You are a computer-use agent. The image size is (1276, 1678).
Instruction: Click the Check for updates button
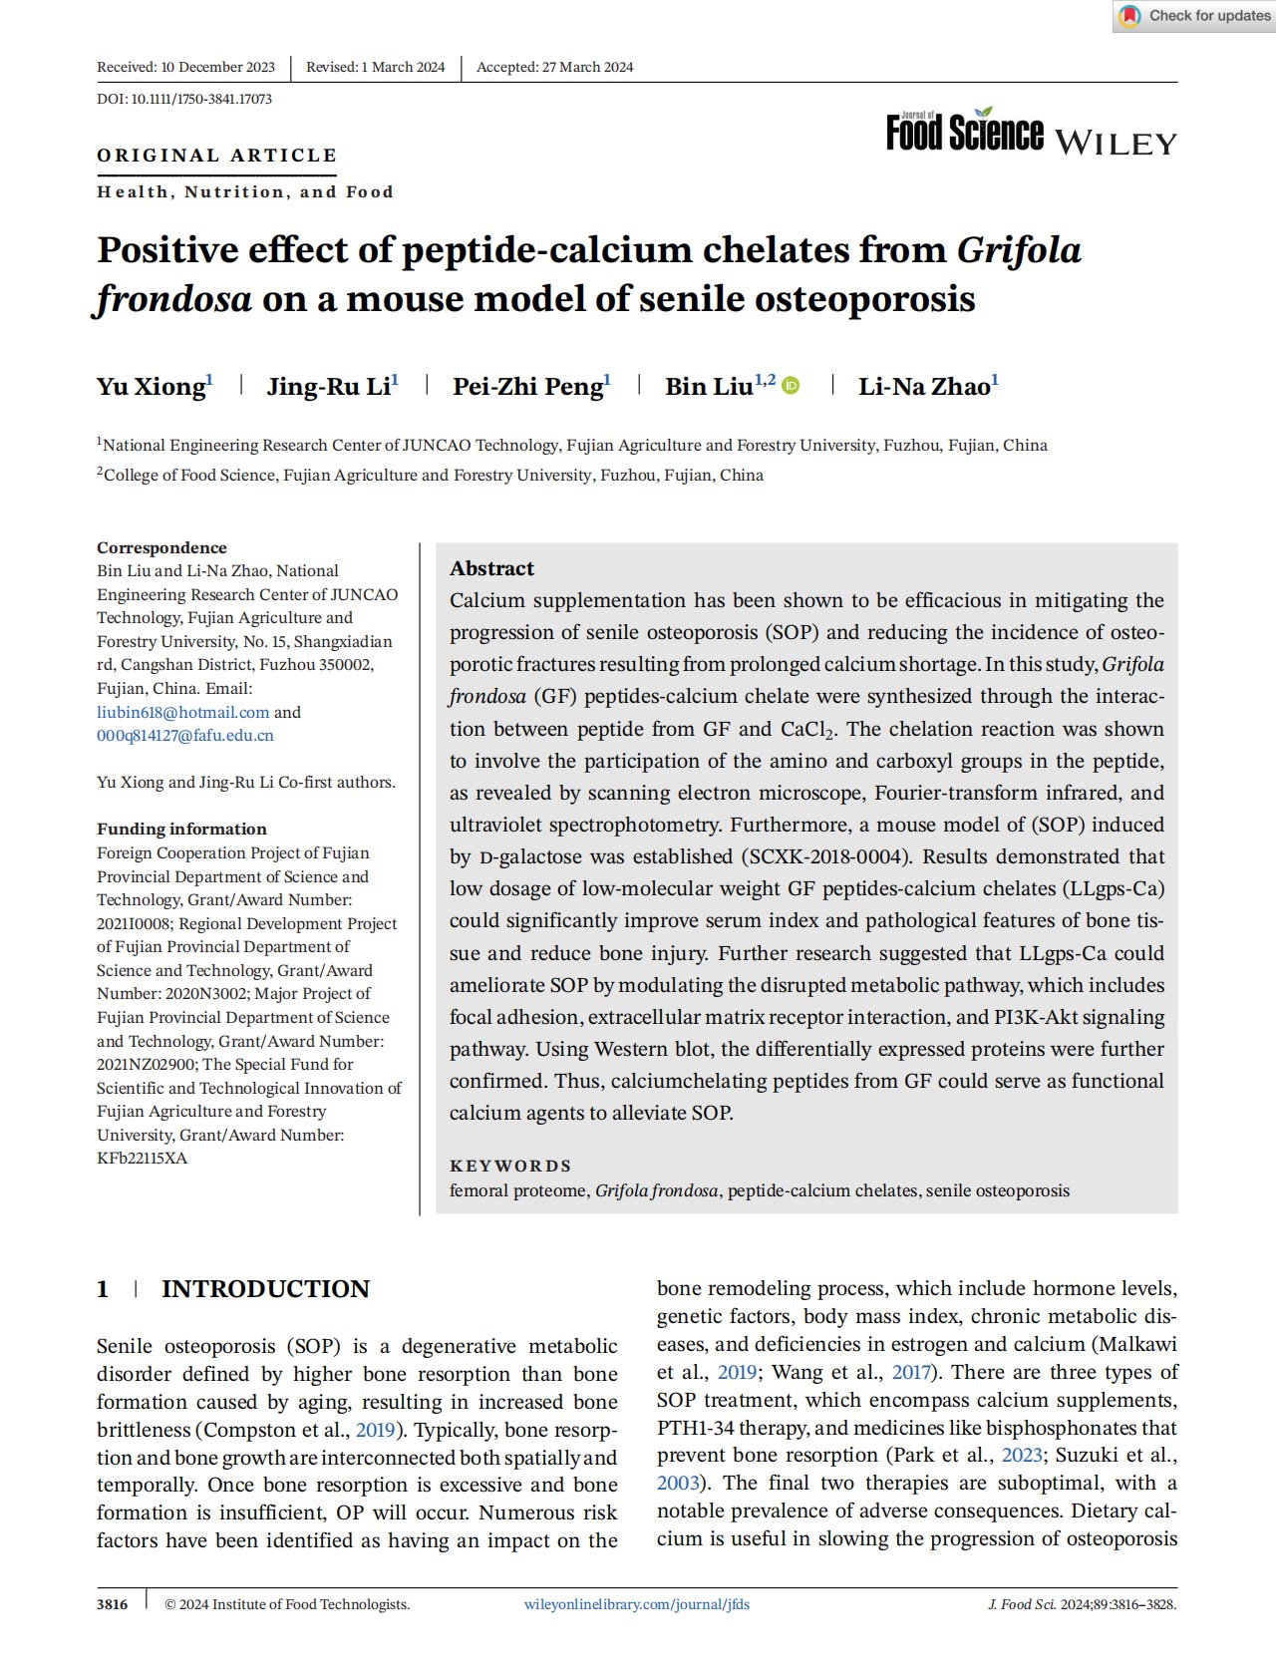point(1194,16)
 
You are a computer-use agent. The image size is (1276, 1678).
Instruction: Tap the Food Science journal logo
point(964,133)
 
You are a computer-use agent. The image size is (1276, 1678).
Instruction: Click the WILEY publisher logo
point(1116,144)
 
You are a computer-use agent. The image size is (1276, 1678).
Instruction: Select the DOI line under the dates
point(184,99)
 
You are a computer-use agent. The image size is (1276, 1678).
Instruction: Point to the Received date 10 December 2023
point(186,67)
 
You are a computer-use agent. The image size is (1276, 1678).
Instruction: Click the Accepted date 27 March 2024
point(554,67)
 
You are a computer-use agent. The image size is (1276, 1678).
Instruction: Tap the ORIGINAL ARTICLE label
point(216,156)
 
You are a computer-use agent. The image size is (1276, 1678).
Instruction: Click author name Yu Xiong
point(152,387)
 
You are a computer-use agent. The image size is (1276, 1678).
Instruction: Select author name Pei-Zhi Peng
point(528,387)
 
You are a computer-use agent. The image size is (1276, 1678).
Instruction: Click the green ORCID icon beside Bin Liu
point(791,386)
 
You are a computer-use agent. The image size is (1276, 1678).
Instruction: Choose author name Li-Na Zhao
point(924,387)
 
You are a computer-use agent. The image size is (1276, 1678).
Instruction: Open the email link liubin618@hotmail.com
point(183,712)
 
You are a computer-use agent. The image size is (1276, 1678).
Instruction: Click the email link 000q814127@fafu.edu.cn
point(185,736)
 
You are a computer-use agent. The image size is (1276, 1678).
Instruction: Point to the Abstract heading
point(491,568)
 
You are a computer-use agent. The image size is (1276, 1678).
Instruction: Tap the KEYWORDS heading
point(510,1166)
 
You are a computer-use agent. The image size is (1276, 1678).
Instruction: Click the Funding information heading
point(181,829)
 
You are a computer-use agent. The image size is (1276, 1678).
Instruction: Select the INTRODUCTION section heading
point(265,1289)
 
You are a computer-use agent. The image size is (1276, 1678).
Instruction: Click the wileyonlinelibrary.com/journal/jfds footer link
point(637,1604)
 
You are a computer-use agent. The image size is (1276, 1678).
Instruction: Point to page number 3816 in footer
point(112,1604)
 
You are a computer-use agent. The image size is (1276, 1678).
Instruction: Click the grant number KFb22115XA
point(142,1159)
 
